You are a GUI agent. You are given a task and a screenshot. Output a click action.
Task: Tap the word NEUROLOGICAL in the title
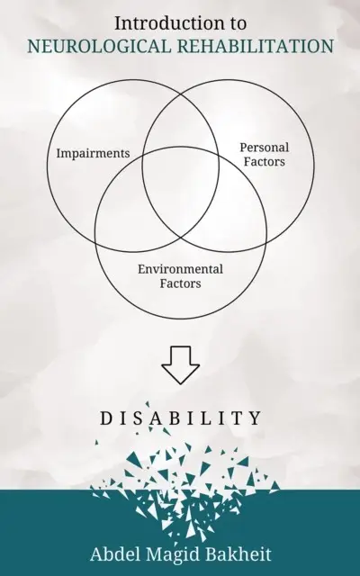click(x=99, y=46)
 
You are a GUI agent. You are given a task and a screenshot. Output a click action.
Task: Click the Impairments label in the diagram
click(x=93, y=153)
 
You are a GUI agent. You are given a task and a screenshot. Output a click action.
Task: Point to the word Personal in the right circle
click(x=265, y=148)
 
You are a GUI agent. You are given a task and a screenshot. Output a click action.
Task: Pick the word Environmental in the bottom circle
click(x=180, y=269)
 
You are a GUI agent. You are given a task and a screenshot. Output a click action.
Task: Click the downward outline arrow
click(x=180, y=365)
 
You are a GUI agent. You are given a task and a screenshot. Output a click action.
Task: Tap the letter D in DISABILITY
click(x=106, y=418)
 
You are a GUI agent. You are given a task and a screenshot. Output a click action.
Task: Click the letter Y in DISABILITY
click(x=256, y=418)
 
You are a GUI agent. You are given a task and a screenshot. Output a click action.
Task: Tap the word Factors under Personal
click(x=265, y=162)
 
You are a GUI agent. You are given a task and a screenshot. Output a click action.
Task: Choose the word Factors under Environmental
click(x=180, y=283)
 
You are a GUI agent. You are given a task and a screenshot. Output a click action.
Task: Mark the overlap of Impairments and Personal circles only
click(x=181, y=121)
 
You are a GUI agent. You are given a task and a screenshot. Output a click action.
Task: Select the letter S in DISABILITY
click(x=138, y=418)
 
